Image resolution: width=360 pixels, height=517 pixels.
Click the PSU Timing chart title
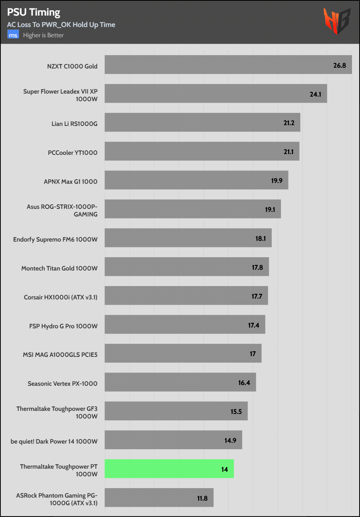[34, 13]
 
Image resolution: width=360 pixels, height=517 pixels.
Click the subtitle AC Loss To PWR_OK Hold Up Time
[61, 25]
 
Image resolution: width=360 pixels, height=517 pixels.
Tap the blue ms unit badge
[13, 35]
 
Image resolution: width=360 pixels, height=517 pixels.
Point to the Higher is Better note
[43, 35]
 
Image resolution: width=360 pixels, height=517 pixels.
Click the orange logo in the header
[336, 21]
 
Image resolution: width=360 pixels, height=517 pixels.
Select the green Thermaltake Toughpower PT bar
[169, 469]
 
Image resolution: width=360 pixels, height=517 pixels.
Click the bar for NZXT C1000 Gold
[228, 65]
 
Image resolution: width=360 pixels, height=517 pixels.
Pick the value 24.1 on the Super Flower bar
[316, 94]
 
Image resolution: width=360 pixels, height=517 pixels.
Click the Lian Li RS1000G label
[75, 124]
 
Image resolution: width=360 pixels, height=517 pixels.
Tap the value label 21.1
[289, 152]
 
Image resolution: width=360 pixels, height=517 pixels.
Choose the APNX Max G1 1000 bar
[196, 180]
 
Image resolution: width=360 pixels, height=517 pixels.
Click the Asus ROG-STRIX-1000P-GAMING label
[62, 210]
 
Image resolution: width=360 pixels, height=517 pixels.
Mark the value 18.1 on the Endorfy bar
[261, 239]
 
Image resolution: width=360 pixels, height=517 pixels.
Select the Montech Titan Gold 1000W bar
[187, 267]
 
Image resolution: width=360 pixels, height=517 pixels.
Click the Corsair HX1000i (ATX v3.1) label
[61, 297]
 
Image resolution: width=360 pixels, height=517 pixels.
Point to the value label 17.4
[254, 325]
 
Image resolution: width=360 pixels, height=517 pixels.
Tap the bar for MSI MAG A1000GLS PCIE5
[183, 353]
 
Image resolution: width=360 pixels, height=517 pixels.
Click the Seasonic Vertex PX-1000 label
[63, 383]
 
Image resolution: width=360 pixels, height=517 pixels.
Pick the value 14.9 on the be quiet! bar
[230, 441]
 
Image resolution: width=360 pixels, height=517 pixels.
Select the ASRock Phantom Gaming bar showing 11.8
[159, 498]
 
